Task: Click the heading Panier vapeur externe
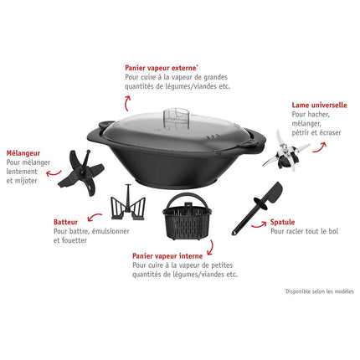[162, 68]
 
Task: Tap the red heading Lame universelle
[319, 105]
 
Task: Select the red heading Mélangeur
[23, 153]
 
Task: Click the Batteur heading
[65, 222]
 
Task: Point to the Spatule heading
[282, 222]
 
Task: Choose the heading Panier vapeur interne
[167, 256]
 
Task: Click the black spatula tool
[257, 208]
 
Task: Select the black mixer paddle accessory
[81, 172]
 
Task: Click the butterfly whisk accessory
[128, 203]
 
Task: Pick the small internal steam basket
[187, 216]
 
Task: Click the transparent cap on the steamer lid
[176, 118]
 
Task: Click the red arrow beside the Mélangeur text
[53, 173]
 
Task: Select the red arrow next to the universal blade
[320, 147]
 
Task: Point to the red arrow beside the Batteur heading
[95, 217]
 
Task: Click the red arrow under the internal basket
[211, 248]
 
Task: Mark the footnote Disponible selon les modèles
[319, 291]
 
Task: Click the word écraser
[331, 132]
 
